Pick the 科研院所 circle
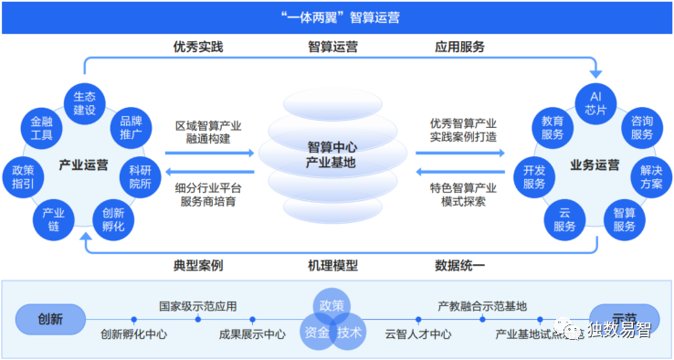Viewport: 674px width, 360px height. tap(139, 175)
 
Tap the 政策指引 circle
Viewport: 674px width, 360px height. tap(24, 175)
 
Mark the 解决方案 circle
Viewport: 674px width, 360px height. tap(651, 175)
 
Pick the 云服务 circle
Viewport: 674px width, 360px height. tap(564, 217)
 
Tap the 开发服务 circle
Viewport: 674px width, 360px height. tap(534, 175)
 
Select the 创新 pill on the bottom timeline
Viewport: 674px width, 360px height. tap(50, 320)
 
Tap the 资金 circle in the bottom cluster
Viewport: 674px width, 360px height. tap(316, 333)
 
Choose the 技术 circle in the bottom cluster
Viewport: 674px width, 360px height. tap(350, 333)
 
